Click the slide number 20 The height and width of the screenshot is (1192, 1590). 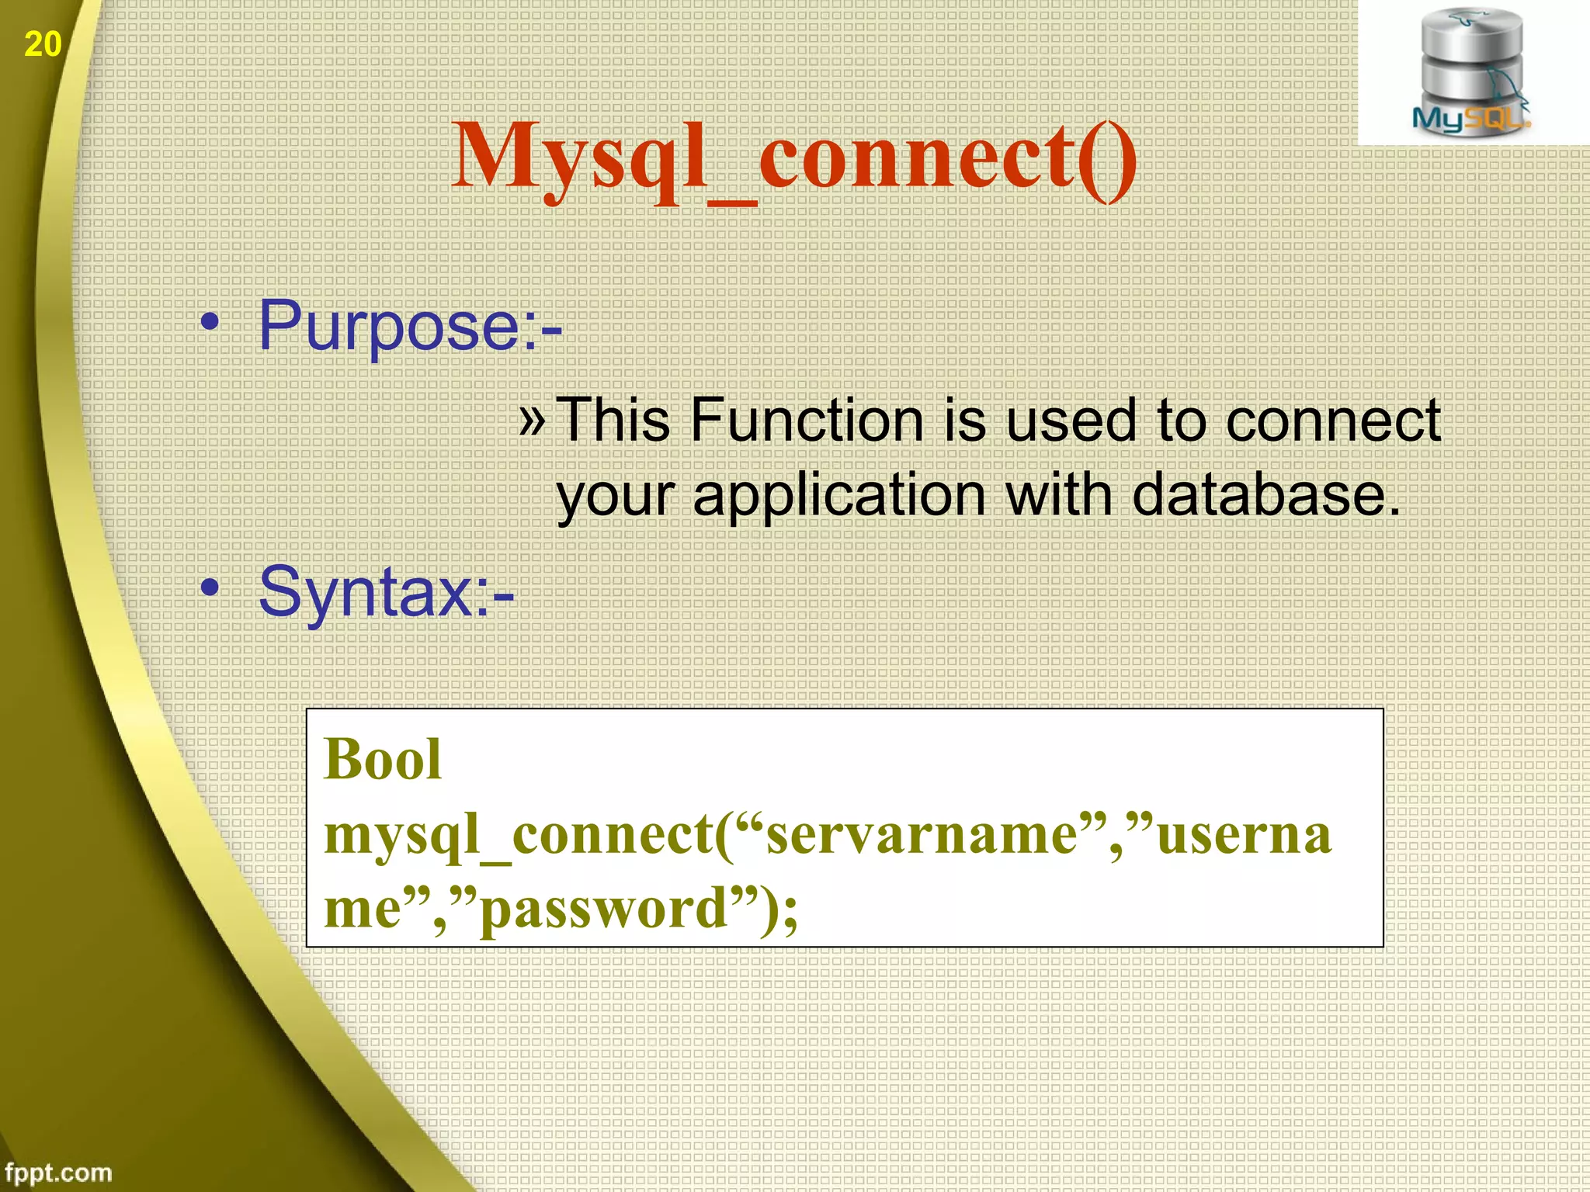pyautogui.click(x=43, y=44)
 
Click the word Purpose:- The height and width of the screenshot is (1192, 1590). pyautogui.click(x=410, y=327)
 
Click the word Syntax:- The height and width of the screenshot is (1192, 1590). pyautogui.click(x=386, y=594)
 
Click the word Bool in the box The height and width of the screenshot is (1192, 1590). pyautogui.click(x=383, y=759)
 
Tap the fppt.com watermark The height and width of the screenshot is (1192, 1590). pyautogui.click(x=58, y=1172)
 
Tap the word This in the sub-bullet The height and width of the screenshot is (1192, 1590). pyautogui.click(x=613, y=421)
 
